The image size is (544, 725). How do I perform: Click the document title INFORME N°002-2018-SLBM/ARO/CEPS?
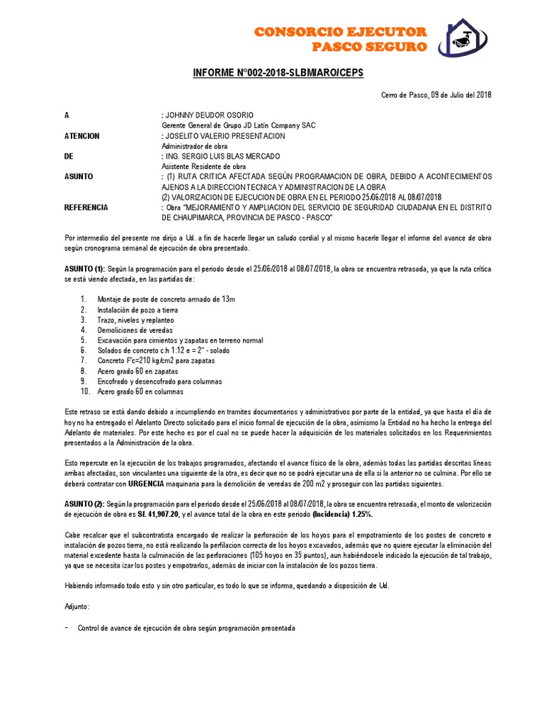(278, 73)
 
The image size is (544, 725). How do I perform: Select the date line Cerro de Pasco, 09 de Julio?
(436, 95)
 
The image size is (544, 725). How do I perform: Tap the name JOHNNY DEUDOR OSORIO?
(208, 115)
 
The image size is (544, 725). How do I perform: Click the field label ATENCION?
(82, 136)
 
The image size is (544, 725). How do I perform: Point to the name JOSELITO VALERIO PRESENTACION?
(225, 136)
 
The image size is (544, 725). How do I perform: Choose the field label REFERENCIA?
(86, 207)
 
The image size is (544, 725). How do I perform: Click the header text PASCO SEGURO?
(370, 47)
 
